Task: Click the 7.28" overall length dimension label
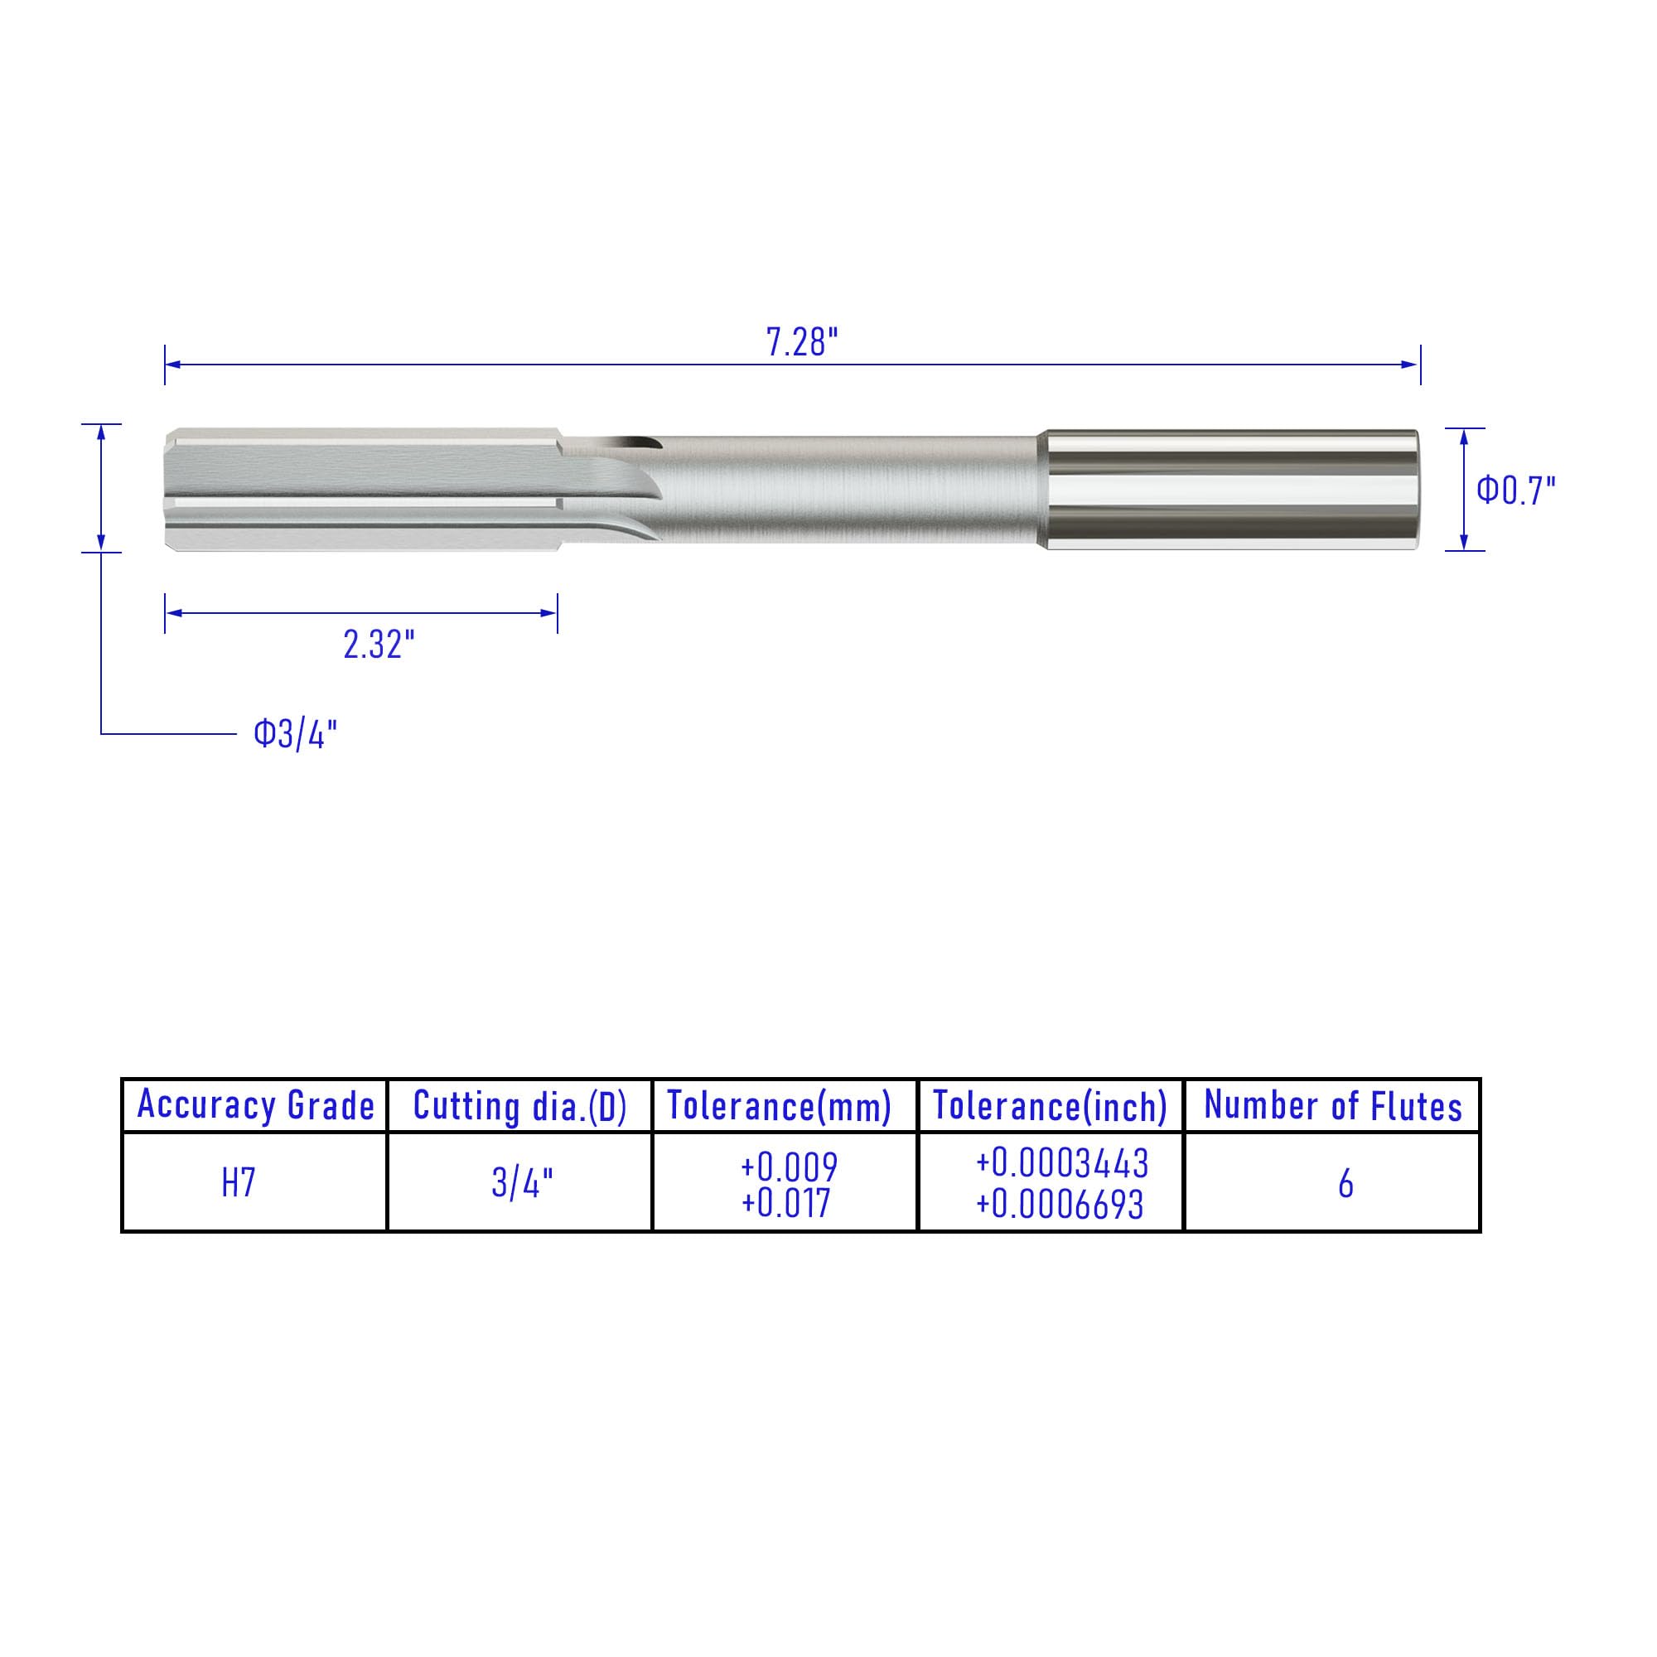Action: tap(801, 342)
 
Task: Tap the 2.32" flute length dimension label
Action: tap(379, 645)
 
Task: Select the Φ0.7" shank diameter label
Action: tap(1515, 490)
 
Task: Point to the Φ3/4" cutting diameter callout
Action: tap(295, 734)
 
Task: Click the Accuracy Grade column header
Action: tap(255, 1105)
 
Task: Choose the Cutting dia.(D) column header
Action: tap(519, 1106)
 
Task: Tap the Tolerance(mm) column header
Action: tap(779, 1106)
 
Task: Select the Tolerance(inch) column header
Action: tap(1050, 1106)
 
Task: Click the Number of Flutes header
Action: tap(1333, 1105)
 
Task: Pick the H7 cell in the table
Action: tap(239, 1184)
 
